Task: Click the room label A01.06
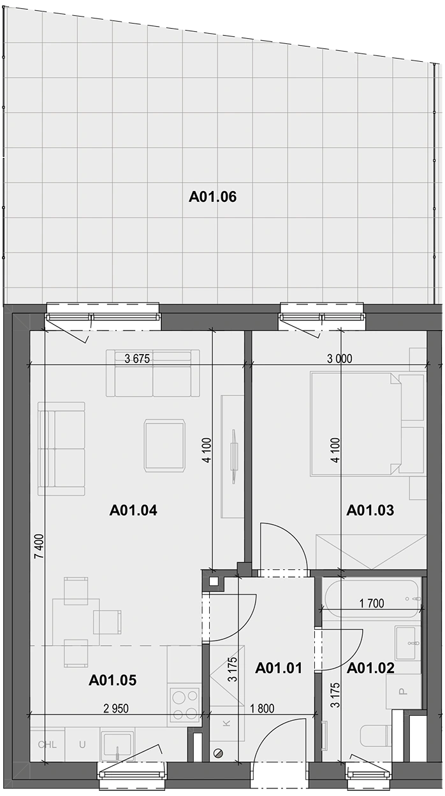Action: tap(212, 197)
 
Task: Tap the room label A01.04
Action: tap(133, 510)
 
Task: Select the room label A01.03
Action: tap(370, 510)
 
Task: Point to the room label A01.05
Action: tap(112, 680)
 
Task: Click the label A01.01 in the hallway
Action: tap(279, 668)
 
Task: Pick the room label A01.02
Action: tap(370, 668)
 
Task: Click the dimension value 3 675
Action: tap(137, 359)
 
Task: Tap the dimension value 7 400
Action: tap(39, 546)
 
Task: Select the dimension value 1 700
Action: tap(372, 603)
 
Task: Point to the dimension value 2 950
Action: tap(116, 709)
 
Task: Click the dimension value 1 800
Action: tap(262, 709)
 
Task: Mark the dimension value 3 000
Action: tap(340, 359)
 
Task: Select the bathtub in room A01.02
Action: tap(372, 599)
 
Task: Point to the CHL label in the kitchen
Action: tap(47, 744)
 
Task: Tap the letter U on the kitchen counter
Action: tap(82, 744)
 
